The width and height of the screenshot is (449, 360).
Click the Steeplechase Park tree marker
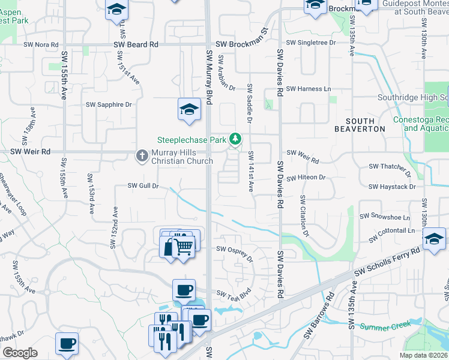pos(236,140)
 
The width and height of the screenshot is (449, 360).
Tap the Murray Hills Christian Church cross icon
pos(142,156)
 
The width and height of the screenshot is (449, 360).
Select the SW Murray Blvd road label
pos(209,76)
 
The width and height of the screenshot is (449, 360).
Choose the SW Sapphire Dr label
pos(109,104)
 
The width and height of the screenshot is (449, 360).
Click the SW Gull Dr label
pos(143,186)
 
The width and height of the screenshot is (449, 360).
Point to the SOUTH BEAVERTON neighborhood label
pos(360,125)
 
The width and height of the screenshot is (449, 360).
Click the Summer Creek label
pos(385,326)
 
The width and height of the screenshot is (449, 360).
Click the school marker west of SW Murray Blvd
pos(188,110)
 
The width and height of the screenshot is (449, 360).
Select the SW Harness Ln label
pos(309,89)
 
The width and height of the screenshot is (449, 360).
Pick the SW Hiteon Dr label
pos(306,178)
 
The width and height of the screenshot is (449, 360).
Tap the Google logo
pos(20,353)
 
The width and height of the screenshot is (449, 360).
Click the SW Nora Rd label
pos(41,44)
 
